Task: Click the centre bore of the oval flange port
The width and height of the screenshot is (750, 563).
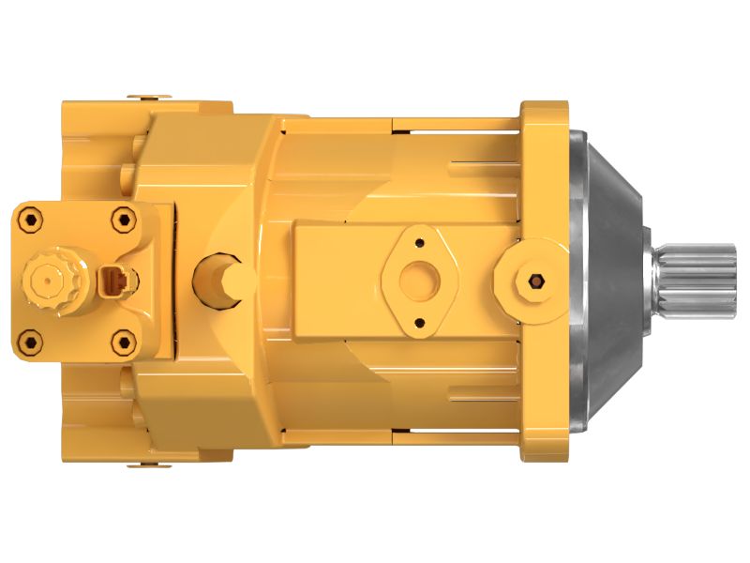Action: (x=419, y=280)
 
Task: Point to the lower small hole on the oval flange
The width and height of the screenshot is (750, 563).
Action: (x=419, y=322)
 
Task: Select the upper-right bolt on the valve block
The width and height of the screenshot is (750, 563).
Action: (x=123, y=221)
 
